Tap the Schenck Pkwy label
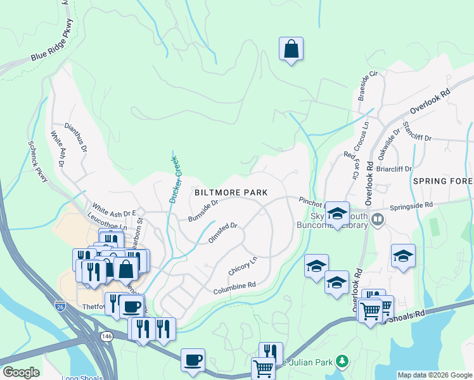[x=37, y=161]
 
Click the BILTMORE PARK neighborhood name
[x=231, y=193]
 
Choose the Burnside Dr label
[x=203, y=211]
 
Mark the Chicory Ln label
[x=243, y=265]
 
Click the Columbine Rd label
[x=234, y=285]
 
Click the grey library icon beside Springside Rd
[x=378, y=219]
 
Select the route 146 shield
[x=106, y=336]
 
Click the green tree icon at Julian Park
[x=342, y=361]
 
